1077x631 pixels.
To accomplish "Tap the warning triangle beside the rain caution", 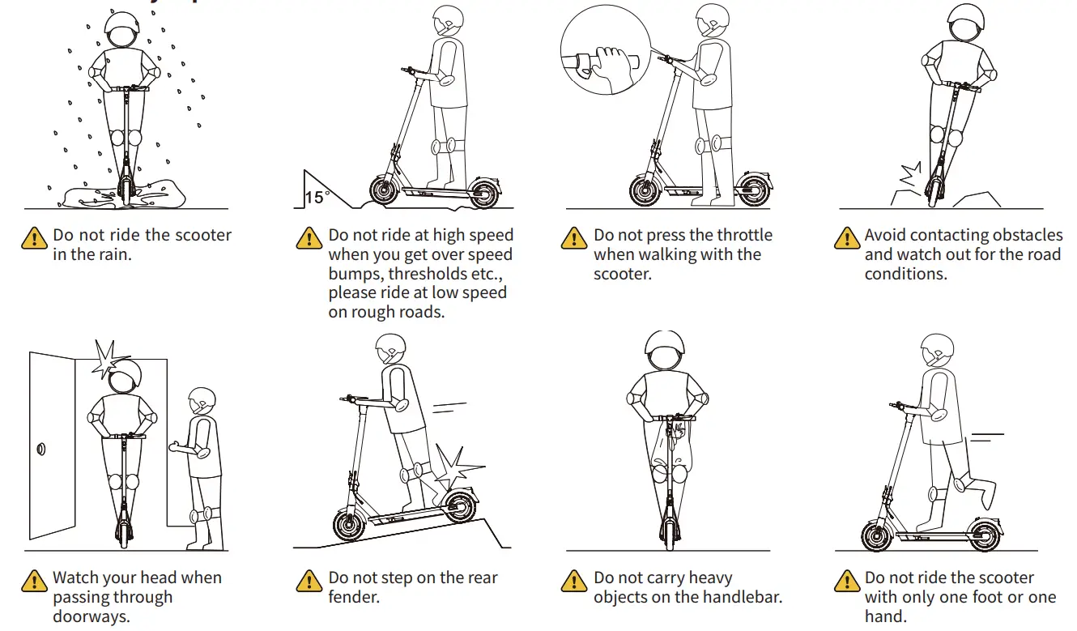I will (x=34, y=237).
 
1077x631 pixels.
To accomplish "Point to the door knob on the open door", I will (x=41, y=448).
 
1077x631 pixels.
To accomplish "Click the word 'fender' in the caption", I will (x=354, y=598).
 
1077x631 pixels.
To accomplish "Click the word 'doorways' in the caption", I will (x=91, y=617).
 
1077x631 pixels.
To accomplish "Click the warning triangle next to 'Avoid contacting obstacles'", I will (x=847, y=237).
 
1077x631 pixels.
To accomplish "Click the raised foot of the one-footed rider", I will (x=980, y=491).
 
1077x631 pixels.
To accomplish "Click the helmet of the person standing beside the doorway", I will (x=202, y=402).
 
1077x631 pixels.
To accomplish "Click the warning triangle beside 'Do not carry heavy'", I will (x=574, y=581).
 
